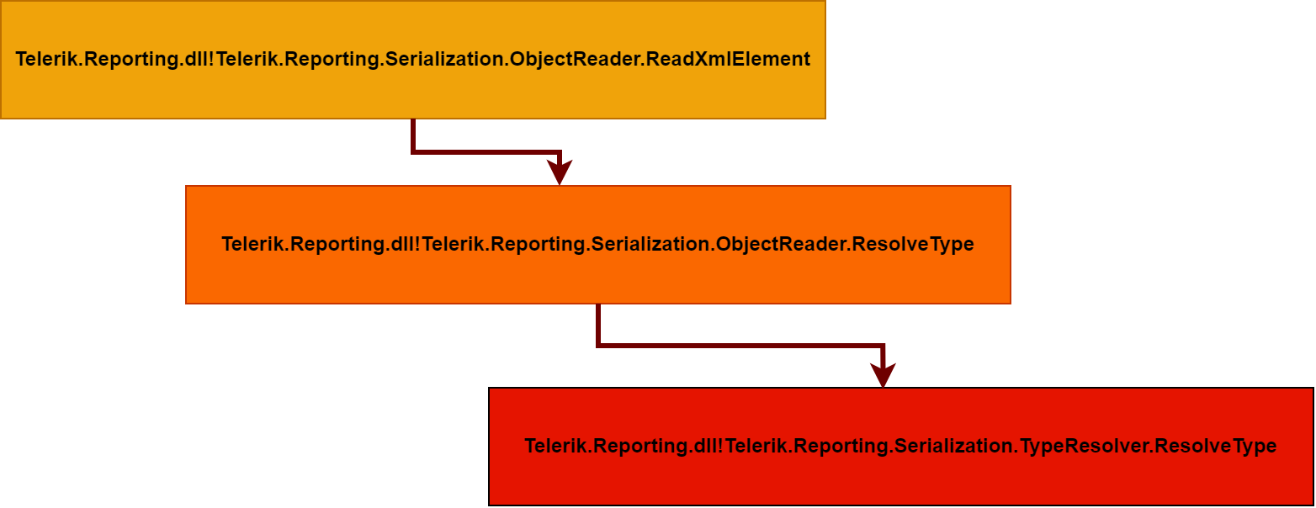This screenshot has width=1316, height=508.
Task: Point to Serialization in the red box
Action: pyautogui.click(x=953, y=446)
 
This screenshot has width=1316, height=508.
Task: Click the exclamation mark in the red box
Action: pyautogui.click(x=720, y=446)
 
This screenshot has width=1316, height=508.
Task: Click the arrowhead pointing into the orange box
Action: pyautogui.click(x=560, y=173)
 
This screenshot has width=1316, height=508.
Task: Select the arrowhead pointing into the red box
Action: pyautogui.click(x=882, y=375)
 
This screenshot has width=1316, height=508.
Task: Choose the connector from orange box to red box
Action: pyautogui.click(x=740, y=345)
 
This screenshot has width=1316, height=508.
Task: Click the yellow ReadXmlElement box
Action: pyautogui.click(x=412, y=93)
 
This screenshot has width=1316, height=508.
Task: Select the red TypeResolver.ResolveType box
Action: pyautogui.click(x=900, y=484)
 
